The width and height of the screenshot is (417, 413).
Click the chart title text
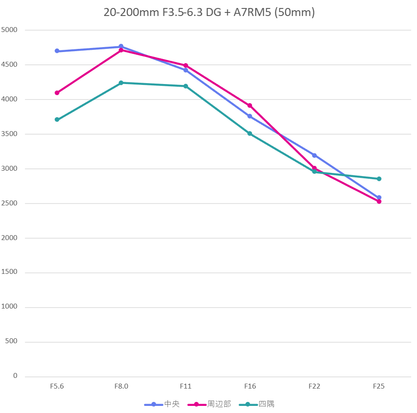tap(209, 12)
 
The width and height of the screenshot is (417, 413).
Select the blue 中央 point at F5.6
tap(57, 51)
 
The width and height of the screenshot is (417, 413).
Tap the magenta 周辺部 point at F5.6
tap(57, 93)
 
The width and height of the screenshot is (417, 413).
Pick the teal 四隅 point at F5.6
tap(57, 120)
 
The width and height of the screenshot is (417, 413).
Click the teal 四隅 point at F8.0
tap(121, 83)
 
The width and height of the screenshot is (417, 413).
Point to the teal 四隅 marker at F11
tap(185, 86)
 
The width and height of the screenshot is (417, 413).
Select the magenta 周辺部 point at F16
tap(250, 106)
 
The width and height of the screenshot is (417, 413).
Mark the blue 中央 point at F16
tap(250, 116)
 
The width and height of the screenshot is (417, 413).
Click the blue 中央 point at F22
tap(314, 156)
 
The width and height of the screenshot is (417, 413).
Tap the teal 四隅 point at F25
tap(379, 179)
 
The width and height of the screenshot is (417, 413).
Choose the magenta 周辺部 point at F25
tap(379, 201)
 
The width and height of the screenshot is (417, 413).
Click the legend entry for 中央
tap(163, 404)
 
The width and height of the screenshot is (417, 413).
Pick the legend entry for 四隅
tap(257, 404)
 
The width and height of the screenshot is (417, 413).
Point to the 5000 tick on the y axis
tap(9, 30)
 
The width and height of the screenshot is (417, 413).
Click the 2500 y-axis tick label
tap(9, 203)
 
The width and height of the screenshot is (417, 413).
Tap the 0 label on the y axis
tap(15, 376)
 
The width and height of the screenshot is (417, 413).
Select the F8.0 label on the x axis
tap(121, 386)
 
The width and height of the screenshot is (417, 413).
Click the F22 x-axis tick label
tap(314, 386)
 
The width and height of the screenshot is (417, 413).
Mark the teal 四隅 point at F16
tap(250, 133)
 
